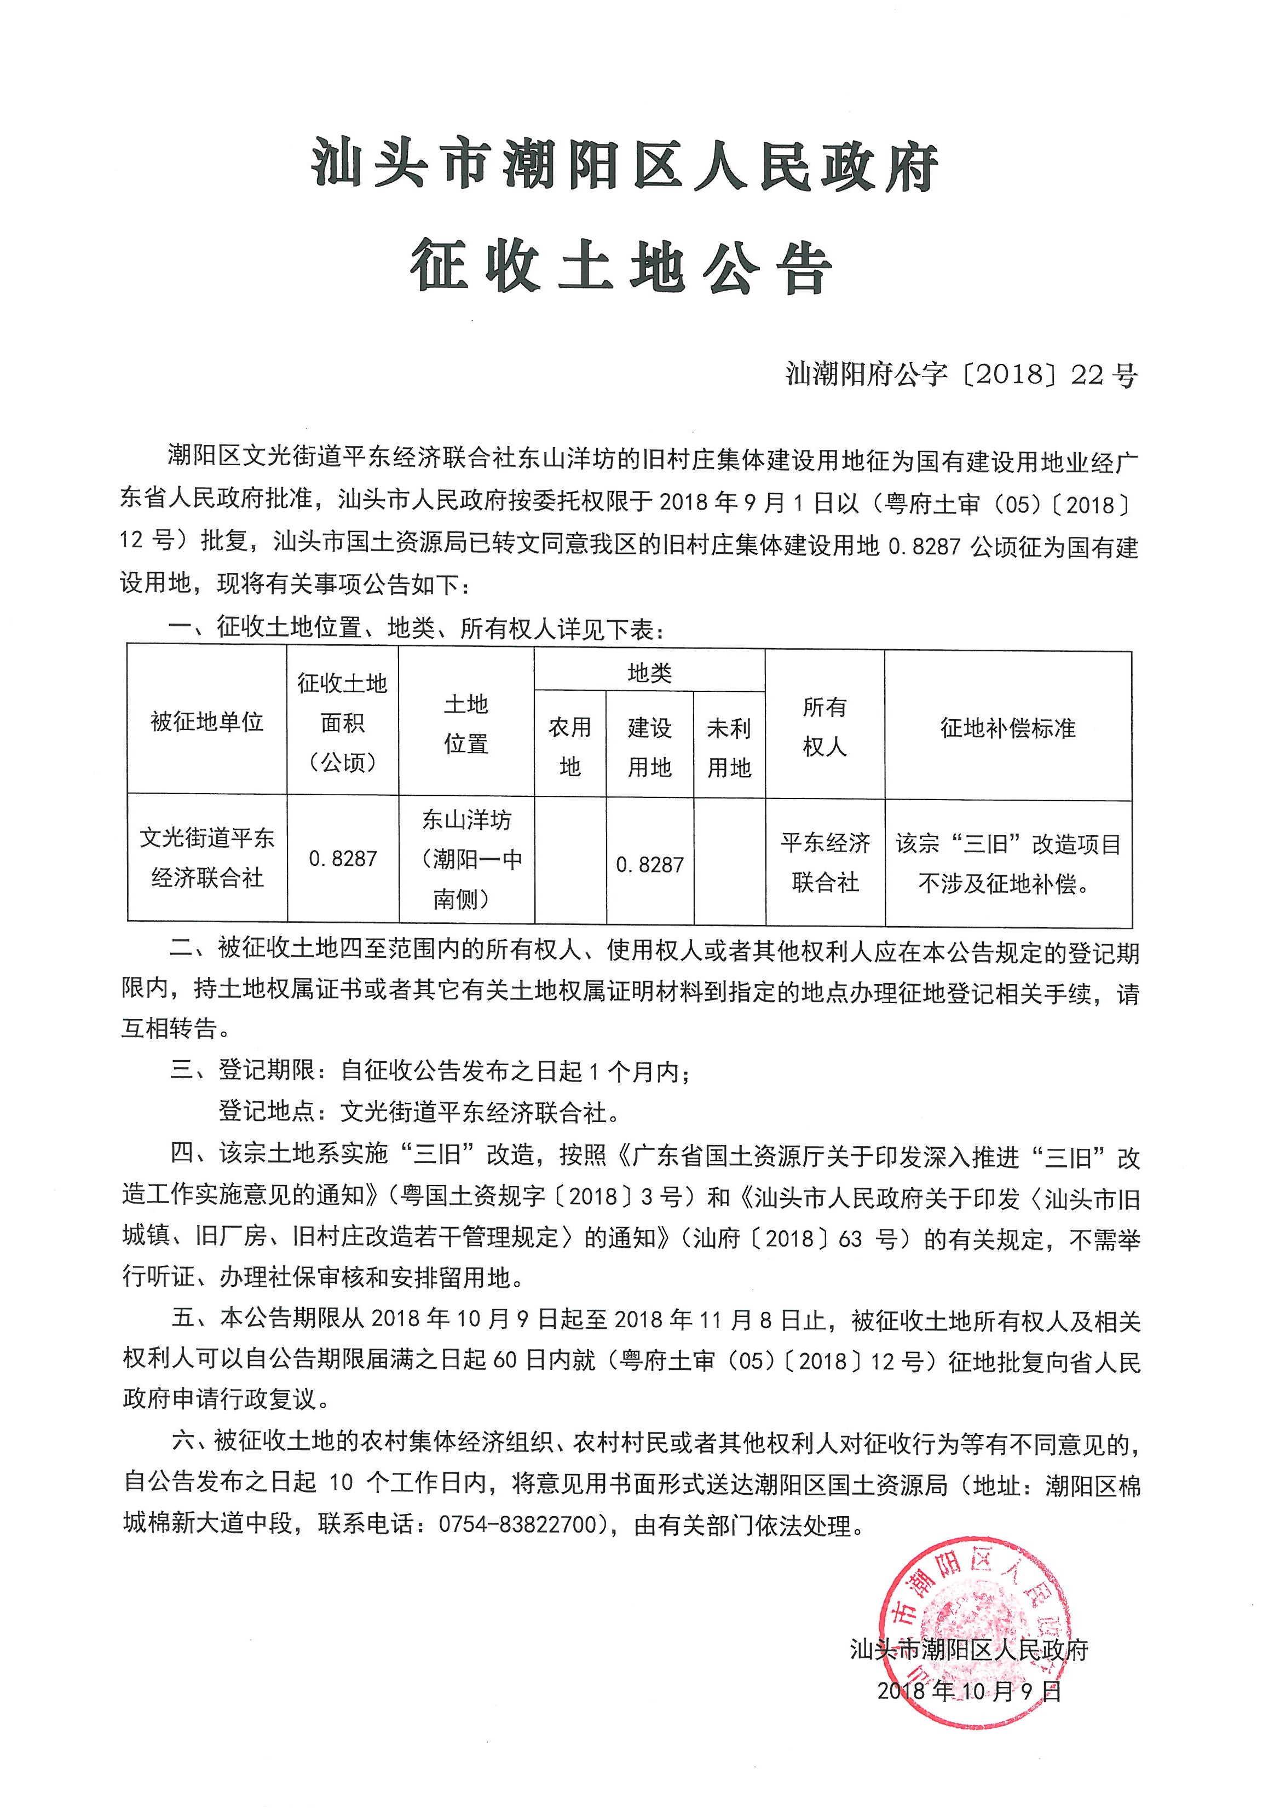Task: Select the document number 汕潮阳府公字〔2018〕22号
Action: pos(961,374)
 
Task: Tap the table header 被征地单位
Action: pos(207,721)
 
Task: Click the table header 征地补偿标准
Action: pos(1007,727)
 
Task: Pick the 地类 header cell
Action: pos(649,673)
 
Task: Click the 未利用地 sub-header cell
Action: pos(729,747)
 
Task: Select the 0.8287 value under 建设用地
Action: pos(649,865)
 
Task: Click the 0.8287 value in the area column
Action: pos(342,859)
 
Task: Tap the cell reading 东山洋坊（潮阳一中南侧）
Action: pos(466,859)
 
